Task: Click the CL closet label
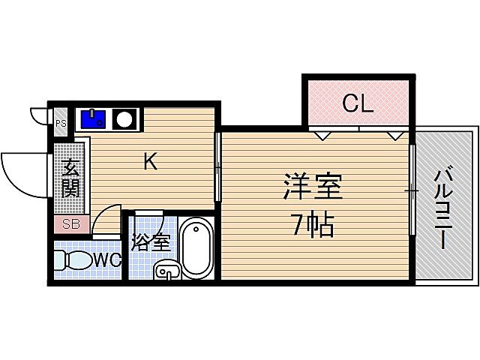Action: click(358, 104)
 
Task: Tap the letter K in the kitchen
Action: click(150, 161)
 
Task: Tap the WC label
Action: click(107, 260)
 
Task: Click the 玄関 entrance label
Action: click(70, 178)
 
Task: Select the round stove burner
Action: click(124, 118)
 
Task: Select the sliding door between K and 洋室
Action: click(217, 166)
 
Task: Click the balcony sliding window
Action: click(412, 190)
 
